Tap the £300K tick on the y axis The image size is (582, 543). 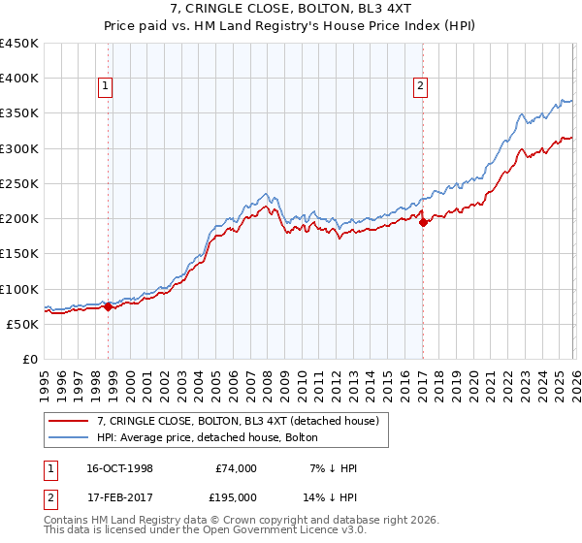coord(19,148)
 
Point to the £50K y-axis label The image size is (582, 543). coord(22,324)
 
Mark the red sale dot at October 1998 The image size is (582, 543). coord(109,306)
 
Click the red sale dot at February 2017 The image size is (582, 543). coord(423,222)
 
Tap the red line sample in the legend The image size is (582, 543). coord(69,420)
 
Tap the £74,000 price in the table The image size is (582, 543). coord(234,468)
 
